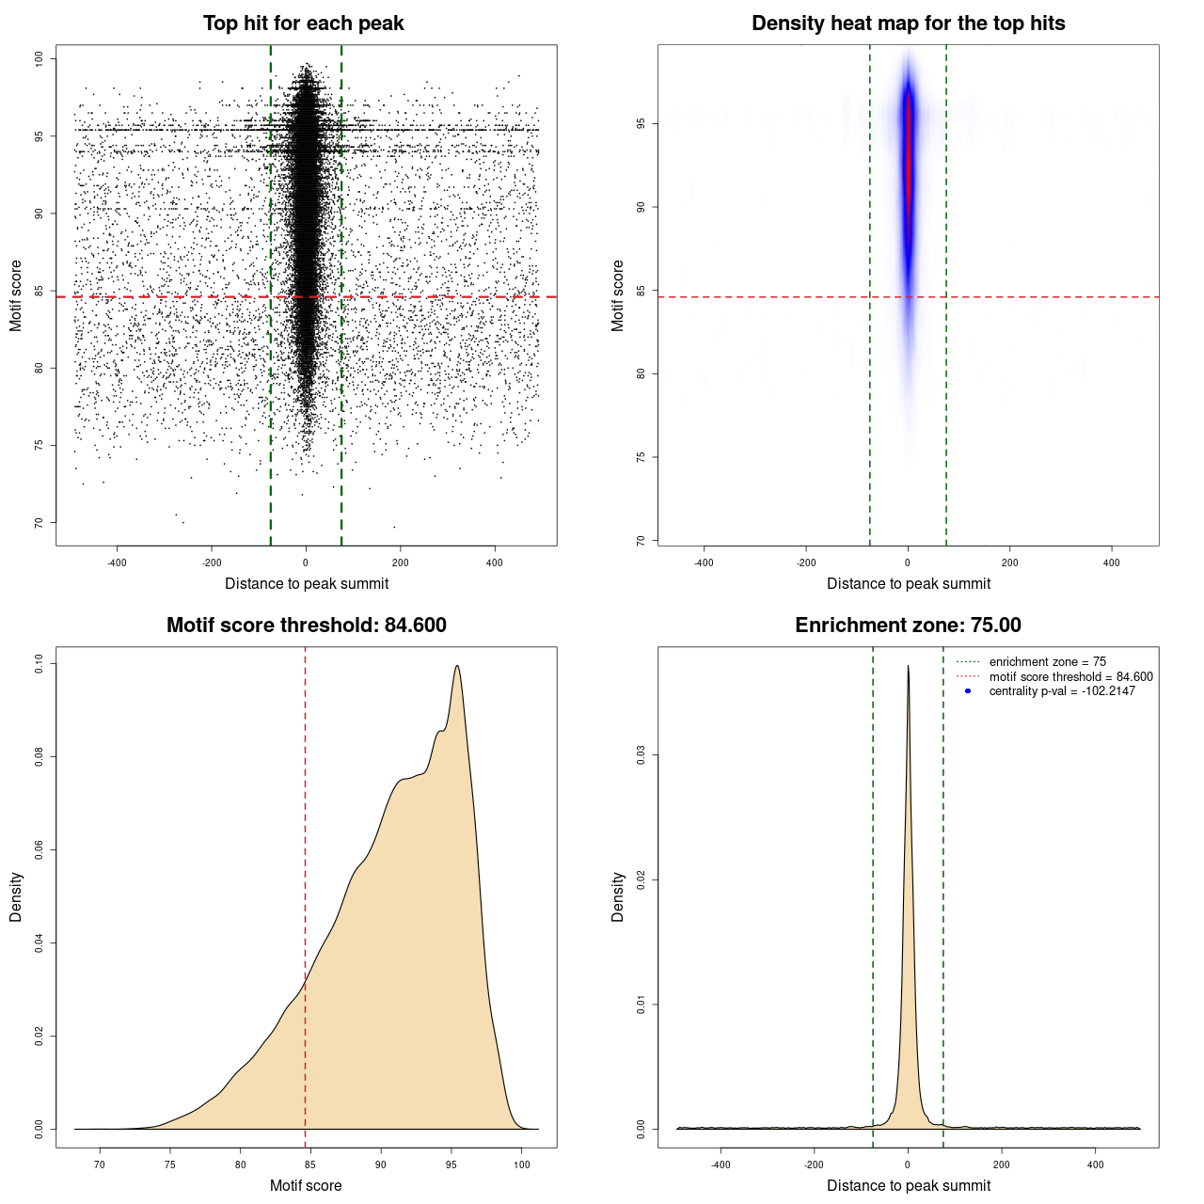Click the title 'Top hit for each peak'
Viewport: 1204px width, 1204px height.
coord(303,24)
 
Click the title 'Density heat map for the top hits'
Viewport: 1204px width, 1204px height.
coord(908,24)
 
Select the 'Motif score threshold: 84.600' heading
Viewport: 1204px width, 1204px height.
coord(306,626)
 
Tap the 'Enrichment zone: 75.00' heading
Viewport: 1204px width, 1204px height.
coord(908,626)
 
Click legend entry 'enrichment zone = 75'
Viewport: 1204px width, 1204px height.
coord(1047,662)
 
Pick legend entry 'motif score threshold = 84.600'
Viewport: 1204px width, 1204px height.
coord(1070,676)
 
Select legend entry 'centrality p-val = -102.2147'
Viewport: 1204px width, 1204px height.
coord(1061,691)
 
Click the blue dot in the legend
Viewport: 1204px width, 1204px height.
coord(968,691)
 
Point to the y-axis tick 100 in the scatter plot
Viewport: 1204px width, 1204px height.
coord(40,59)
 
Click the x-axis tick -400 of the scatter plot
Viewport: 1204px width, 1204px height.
coord(117,562)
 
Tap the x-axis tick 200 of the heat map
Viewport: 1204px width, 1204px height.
coord(1009,562)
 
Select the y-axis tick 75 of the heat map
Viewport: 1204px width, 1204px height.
coord(642,457)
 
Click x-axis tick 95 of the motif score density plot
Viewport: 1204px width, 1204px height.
coord(451,1164)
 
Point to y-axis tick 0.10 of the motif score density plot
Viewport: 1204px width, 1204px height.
coord(40,664)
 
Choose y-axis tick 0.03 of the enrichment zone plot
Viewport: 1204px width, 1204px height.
coord(642,755)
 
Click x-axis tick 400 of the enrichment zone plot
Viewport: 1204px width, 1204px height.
coord(1095,1164)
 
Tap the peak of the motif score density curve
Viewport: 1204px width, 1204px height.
coord(457,666)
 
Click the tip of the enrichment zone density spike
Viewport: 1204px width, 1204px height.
coord(908,666)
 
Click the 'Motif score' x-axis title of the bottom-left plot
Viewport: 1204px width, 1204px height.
coord(306,1185)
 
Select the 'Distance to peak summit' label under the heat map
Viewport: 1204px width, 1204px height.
coord(908,583)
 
